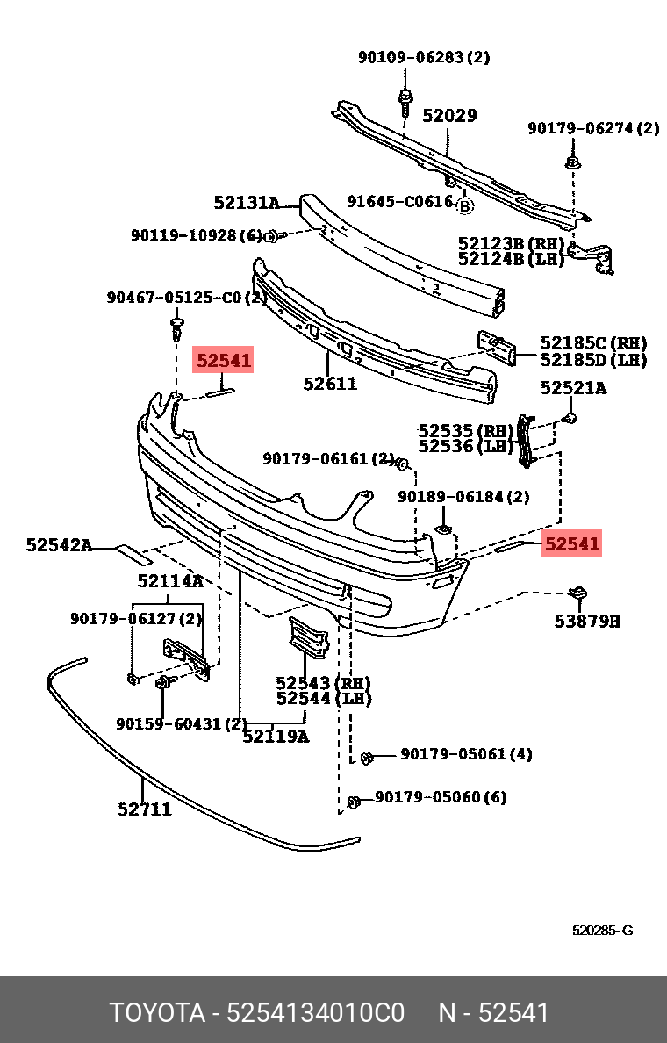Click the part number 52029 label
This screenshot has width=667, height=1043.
click(x=449, y=116)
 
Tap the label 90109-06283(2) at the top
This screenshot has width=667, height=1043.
click(x=424, y=58)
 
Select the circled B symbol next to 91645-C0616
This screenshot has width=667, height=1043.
click(x=465, y=206)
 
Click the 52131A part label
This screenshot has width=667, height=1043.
click(x=246, y=203)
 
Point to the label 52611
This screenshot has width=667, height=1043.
click(x=330, y=384)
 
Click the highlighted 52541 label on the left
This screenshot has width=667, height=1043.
click(x=224, y=360)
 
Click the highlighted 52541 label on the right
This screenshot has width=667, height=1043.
click(x=572, y=544)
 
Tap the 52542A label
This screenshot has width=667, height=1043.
click(x=59, y=545)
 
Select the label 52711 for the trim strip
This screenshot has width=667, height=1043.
click(x=145, y=809)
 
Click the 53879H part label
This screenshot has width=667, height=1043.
click(x=586, y=622)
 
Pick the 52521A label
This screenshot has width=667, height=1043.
click(x=572, y=387)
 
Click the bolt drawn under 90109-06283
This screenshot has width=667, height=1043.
click(x=405, y=100)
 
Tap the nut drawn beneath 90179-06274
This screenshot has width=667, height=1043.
click(x=572, y=163)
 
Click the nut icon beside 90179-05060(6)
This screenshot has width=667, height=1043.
click(x=355, y=802)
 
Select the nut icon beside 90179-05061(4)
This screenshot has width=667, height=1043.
click(x=367, y=756)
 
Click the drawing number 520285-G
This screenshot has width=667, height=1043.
click(x=602, y=931)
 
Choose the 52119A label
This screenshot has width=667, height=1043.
click(x=276, y=737)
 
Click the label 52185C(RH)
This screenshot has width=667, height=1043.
click(x=593, y=343)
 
